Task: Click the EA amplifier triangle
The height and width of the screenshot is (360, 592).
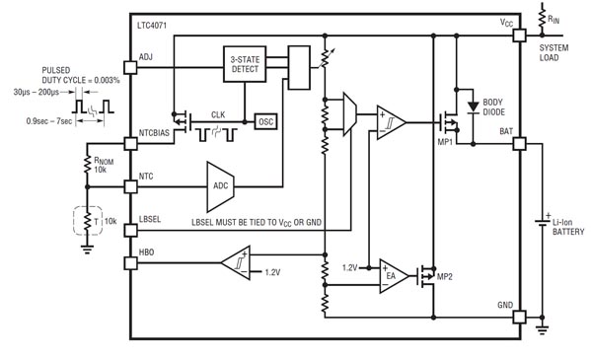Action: tap(393, 273)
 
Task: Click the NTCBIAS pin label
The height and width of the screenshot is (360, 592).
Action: tap(157, 132)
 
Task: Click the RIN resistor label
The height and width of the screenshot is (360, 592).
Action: tap(559, 16)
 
